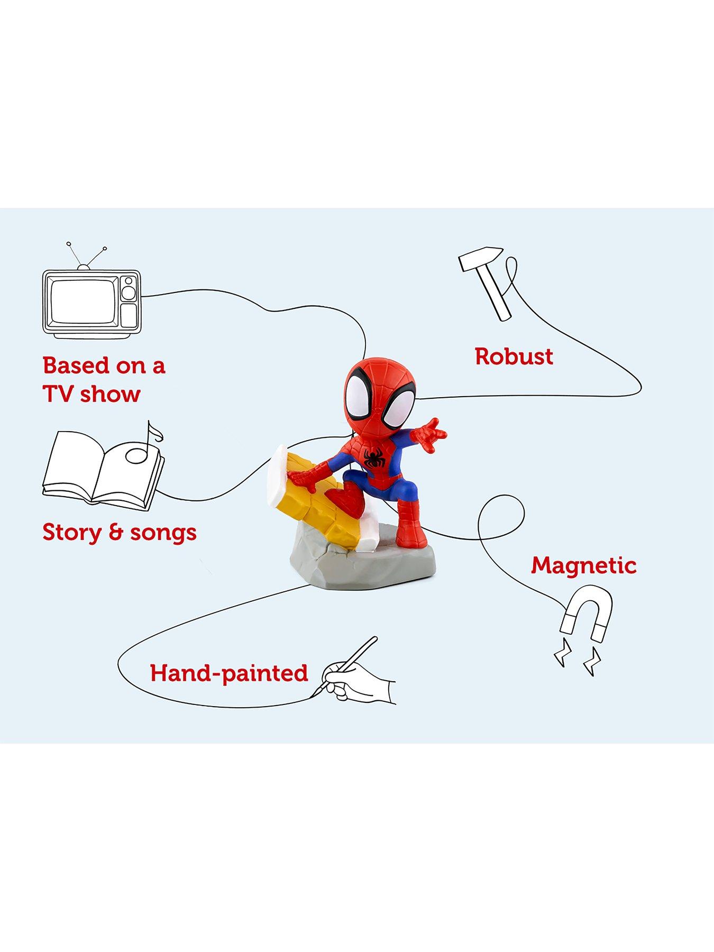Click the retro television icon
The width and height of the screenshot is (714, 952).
tap(91, 301)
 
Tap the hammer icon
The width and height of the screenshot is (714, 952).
tap(487, 280)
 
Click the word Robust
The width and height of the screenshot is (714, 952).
tap(514, 356)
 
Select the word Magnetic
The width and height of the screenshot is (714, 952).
tap(583, 565)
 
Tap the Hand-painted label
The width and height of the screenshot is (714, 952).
tap(228, 673)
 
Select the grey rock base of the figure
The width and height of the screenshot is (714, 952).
tap(362, 566)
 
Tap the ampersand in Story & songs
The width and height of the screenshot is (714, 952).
tap(115, 532)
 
